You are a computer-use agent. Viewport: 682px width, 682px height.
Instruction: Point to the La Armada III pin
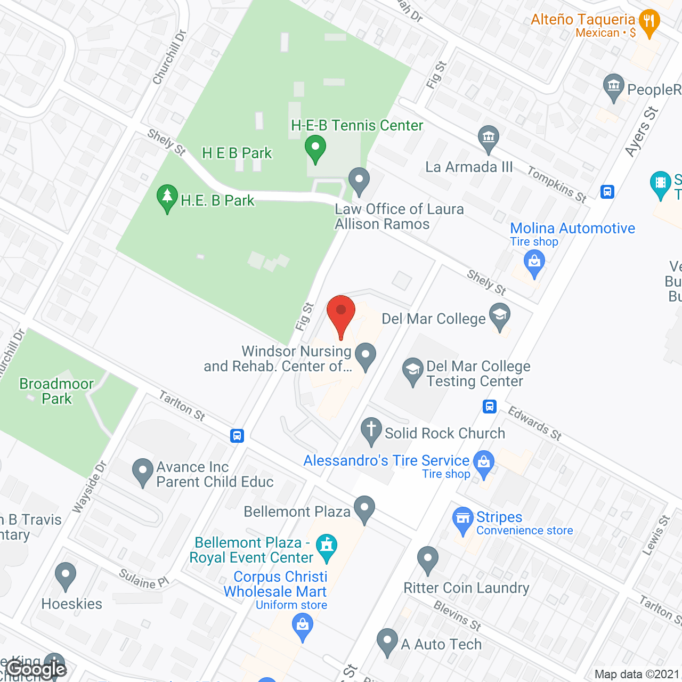488,138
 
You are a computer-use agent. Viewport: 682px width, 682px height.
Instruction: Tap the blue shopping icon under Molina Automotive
534,263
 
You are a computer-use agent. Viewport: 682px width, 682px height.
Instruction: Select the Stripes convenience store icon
462,519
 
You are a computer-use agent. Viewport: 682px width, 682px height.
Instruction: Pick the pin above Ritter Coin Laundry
427,559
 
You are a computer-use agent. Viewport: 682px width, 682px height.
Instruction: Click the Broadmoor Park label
56,391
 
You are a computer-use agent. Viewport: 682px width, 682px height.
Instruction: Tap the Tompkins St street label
557,184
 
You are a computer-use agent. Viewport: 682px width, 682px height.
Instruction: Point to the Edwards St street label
534,424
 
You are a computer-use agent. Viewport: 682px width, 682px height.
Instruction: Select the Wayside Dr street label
90,487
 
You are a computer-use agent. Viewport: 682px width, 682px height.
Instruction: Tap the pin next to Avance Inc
142,471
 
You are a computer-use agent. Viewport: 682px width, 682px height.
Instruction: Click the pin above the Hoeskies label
65,575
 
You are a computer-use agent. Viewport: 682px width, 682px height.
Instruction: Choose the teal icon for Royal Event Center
327,547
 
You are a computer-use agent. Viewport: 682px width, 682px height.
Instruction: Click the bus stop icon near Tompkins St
607,192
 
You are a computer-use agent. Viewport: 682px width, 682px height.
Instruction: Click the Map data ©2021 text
637,675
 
